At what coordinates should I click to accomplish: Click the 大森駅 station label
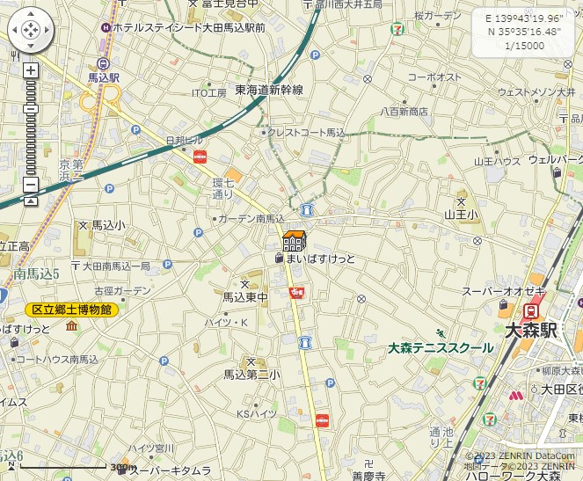(x=532, y=331)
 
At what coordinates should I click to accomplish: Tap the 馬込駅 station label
(x=104, y=77)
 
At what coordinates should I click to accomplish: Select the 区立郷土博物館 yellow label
(x=71, y=310)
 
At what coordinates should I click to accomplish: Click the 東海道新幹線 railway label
(x=269, y=90)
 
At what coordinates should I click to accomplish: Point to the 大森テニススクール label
(x=441, y=348)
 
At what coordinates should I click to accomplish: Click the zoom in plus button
(x=31, y=70)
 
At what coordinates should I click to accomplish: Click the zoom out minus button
(x=31, y=185)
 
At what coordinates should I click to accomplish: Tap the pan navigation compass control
(x=30, y=31)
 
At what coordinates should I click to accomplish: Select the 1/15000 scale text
(x=525, y=46)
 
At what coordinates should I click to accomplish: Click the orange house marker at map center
(x=294, y=240)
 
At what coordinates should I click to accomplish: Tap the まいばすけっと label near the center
(x=321, y=259)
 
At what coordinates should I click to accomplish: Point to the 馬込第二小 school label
(x=251, y=375)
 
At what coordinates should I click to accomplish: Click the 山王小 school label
(x=462, y=214)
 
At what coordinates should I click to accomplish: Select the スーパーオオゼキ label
(x=504, y=291)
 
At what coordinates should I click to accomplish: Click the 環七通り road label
(x=223, y=188)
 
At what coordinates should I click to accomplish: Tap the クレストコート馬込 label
(x=307, y=133)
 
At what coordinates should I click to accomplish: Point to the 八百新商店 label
(x=404, y=112)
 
